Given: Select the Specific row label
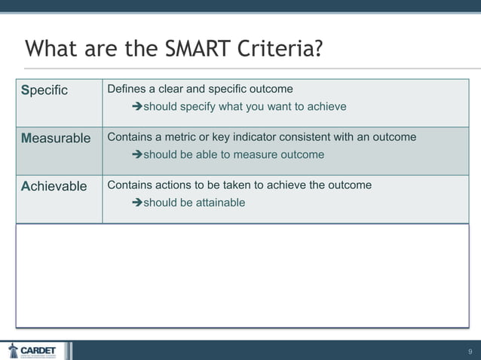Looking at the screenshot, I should pos(44,90).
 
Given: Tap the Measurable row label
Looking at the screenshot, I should pos(56,139).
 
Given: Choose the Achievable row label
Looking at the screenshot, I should pos(54,186).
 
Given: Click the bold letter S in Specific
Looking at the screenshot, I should pos(25,90).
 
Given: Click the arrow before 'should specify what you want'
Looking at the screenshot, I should pos(136,107).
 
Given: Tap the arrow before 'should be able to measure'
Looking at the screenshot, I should pos(136,155).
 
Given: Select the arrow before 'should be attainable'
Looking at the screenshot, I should pos(136,203).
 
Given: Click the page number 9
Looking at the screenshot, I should pos(470,351).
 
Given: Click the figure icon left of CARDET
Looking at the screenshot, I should pos(13,350).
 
